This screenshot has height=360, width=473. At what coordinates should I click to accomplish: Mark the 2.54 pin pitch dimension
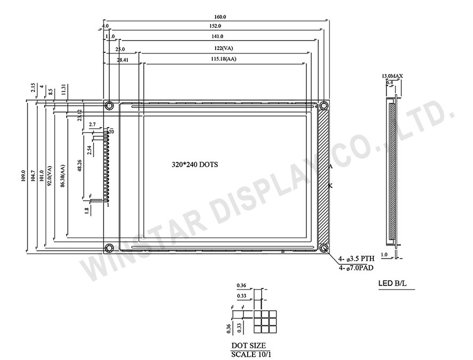pyautogui.click(x=89, y=151)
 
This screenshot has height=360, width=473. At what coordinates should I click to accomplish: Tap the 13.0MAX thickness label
pyautogui.click(x=392, y=76)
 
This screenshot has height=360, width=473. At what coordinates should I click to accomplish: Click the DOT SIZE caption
pyautogui.click(x=248, y=346)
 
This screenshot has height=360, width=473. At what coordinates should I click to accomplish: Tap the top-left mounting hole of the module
pyautogui.click(x=109, y=105)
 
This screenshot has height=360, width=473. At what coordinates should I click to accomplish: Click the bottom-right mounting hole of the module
pyautogui.click(x=323, y=248)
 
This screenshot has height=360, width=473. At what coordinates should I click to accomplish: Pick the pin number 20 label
pyautogui.click(x=111, y=131)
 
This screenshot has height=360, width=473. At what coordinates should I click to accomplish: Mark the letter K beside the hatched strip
pyautogui.click(x=330, y=185)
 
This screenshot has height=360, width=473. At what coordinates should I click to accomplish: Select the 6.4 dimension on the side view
pyautogui.click(x=390, y=83)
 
